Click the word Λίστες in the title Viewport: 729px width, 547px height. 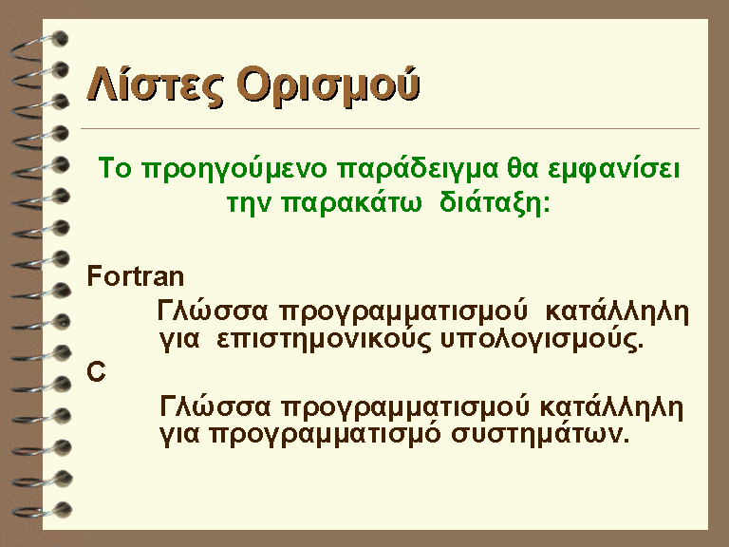tap(155, 85)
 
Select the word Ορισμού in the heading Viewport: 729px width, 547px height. tap(328, 85)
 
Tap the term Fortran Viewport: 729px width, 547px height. tap(136, 275)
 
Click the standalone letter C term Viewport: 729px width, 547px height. tap(96, 371)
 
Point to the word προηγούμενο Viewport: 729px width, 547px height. tap(234, 169)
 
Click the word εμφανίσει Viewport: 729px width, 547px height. tap(614, 169)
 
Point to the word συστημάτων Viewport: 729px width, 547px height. tap(540, 434)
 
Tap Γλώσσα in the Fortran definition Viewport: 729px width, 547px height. tap(213, 311)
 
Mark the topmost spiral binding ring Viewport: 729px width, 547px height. tap(40, 46)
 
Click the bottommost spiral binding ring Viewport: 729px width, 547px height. tap(43, 510)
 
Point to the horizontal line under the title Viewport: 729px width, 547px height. tap(390, 128)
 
